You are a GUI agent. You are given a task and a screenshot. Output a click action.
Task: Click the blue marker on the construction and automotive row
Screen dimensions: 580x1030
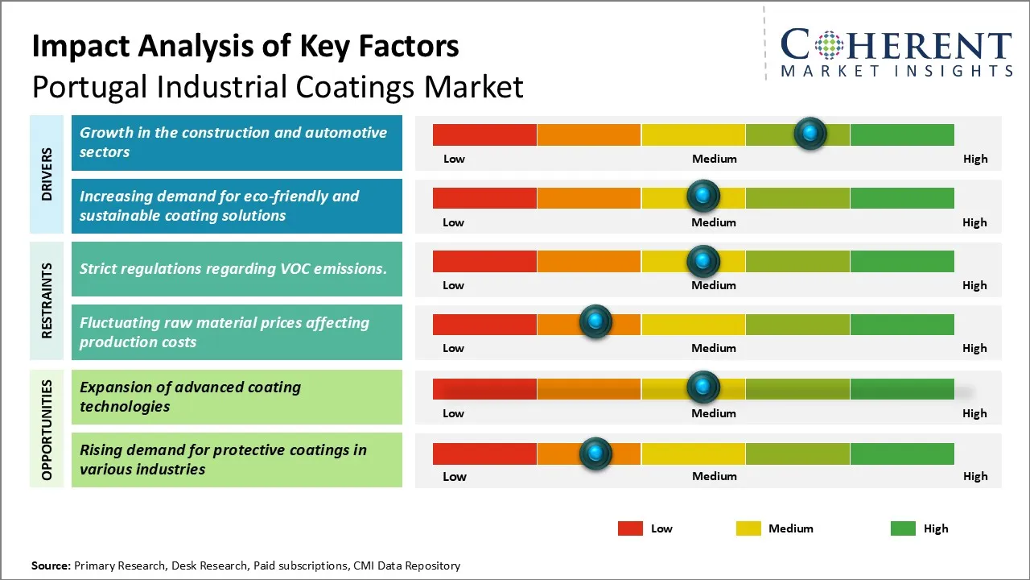[x=810, y=133]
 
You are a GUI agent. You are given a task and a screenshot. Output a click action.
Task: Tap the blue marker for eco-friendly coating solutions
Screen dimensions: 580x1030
[x=703, y=196]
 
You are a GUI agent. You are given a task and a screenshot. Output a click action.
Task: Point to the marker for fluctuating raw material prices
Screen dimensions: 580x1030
[x=595, y=322]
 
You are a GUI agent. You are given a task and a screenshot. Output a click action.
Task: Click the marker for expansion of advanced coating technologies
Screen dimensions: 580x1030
[x=703, y=387]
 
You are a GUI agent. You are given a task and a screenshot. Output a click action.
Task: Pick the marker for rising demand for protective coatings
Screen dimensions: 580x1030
[x=595, y=454]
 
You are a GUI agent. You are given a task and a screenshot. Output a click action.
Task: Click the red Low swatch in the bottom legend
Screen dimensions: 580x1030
[x=630, y=528]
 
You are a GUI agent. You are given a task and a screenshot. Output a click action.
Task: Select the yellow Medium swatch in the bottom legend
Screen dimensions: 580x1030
[x=748, y=528]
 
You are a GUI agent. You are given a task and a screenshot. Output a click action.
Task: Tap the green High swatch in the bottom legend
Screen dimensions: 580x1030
[x=903, y=528]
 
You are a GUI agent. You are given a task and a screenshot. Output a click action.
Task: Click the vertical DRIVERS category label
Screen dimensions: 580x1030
[x=47, y=174]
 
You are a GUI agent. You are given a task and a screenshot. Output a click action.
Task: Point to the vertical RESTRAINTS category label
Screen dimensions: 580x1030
[x=47, y=300]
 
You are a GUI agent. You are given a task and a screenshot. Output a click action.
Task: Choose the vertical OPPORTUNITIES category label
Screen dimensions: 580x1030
[x=47, y=430]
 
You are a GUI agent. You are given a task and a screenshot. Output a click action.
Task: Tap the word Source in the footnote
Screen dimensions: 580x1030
[x=50, y=566]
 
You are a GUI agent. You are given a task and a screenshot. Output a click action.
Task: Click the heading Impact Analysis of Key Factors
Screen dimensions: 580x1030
[x=245, y=46]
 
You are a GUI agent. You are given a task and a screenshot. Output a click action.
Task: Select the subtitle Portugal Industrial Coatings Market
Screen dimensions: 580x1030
[x=278, y=86]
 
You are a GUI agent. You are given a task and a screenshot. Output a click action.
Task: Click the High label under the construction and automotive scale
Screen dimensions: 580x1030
[x=974, y=159]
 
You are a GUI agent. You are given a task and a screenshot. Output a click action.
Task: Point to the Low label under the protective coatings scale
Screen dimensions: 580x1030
[x=454, y=476]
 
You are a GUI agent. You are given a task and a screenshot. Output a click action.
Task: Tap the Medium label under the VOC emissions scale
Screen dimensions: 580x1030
[x=713, y=285]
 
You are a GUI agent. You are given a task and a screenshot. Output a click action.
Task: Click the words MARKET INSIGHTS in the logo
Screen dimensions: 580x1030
[x=896, y=72]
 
